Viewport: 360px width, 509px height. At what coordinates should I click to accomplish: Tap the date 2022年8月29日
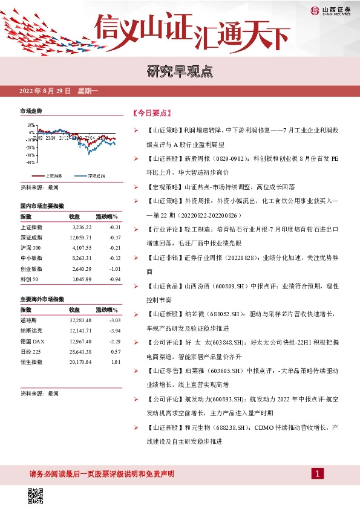45,91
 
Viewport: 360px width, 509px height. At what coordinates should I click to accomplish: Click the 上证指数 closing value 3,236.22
80,227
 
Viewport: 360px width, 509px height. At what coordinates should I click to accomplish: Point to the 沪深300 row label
31,248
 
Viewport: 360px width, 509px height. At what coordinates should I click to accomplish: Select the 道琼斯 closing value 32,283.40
80,321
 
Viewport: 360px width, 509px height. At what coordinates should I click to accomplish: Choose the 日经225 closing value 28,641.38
80,352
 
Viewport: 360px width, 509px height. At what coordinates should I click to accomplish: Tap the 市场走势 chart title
31,111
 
